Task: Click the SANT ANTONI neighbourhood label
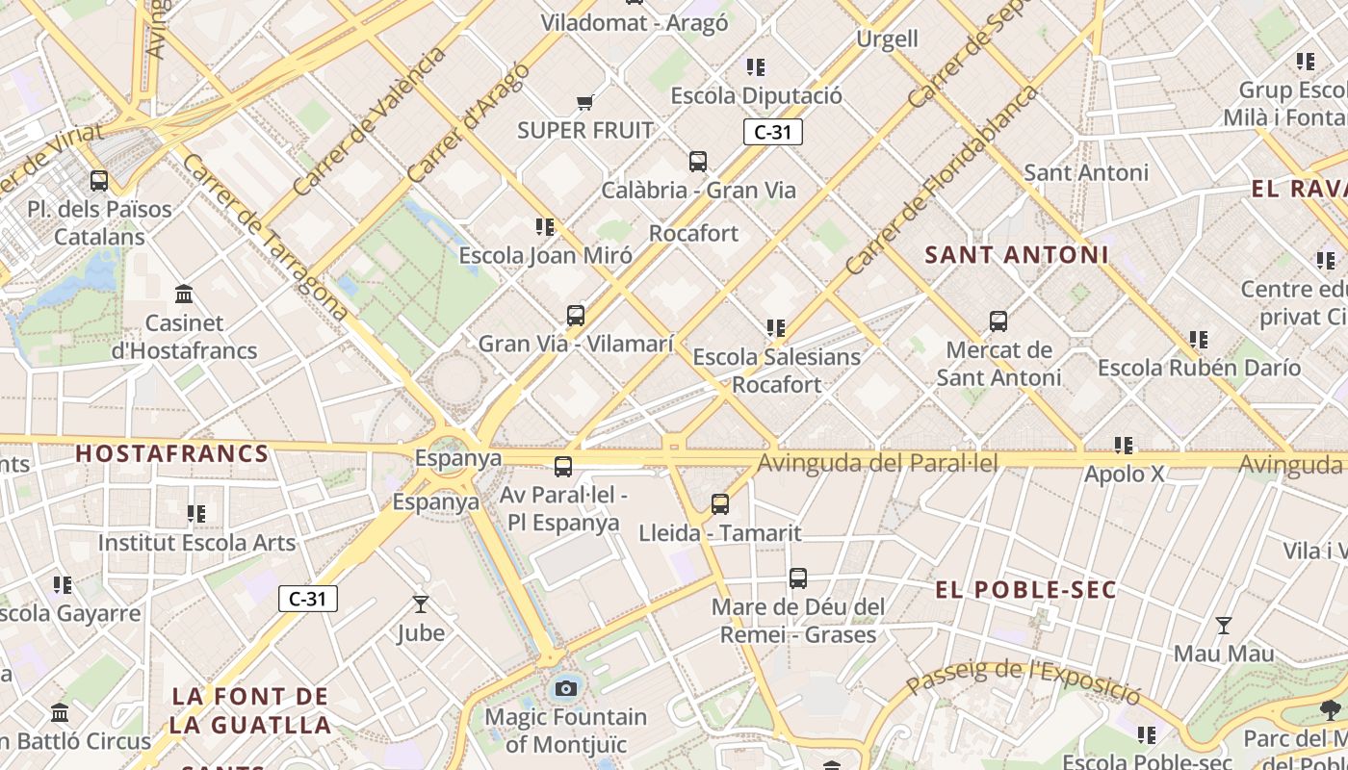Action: [x=1017, y=255]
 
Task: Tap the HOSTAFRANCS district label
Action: [x=171, y=453]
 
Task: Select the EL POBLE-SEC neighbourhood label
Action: [x=1025, y=590]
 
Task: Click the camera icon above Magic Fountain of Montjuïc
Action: [x=566, y=688]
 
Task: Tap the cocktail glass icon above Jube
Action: [x=421, y=604]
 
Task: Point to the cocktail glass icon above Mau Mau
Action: [x=1223, y=626]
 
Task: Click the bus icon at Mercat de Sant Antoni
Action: [x=998, y=321]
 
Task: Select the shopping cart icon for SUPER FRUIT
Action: [x=584, y=102]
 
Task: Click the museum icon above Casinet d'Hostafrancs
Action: [x=184, y=294]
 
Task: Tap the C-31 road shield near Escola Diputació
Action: [x=772, y=133]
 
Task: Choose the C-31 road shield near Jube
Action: [x=308, y=599]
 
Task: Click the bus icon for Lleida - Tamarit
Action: [x=720, y=503]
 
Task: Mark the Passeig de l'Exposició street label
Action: [x=1024, y=678]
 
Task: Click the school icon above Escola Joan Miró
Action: [x=545, y=227]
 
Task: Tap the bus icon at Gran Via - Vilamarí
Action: [x=576, y=315]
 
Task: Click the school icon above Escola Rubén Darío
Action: [x=1199, y=340]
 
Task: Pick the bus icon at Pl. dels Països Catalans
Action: [x=99, y=181]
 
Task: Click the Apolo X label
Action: [x=1124, y=475]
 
